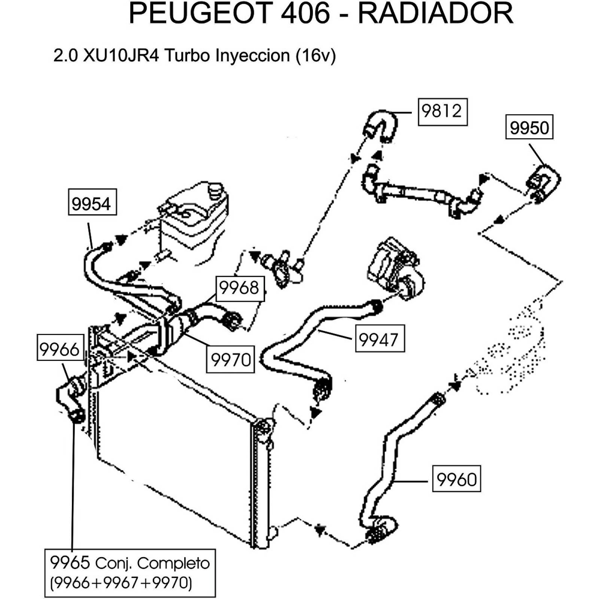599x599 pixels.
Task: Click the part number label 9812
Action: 442,112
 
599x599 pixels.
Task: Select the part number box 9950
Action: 529,128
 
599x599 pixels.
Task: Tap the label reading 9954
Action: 92,203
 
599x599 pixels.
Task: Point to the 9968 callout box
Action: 240,289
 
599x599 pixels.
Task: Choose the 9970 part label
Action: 230,360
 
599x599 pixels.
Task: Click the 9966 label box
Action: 60,348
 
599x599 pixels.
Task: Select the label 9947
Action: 379,339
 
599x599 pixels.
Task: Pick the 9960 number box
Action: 456,478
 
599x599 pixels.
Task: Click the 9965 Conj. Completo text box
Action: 130,573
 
